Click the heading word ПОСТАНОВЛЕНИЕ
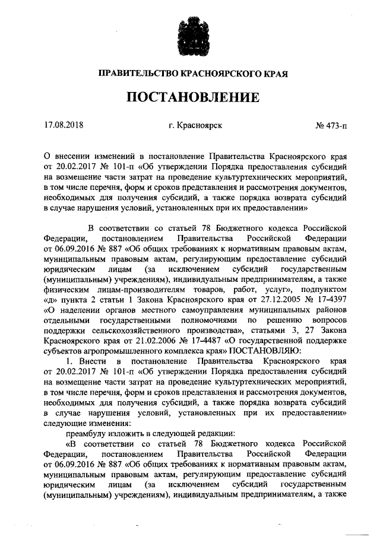[190, 97]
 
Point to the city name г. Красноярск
[195, 126]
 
